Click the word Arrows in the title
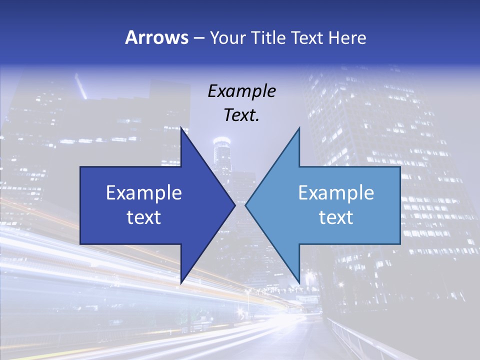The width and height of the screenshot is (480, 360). pos(156,37)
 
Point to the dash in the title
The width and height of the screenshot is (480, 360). pos(198,38)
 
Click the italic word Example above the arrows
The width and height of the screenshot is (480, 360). pos(241,91)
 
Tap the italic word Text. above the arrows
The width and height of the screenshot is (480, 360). pos(241,115)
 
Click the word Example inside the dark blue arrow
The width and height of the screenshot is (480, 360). pos(144,192)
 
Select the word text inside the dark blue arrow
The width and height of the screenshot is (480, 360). pos(144,217)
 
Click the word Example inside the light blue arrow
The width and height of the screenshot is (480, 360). pos(336,192)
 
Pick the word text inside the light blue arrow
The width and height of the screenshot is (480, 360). pos(336,217)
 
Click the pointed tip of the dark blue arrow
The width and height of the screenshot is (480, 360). pos(234,205)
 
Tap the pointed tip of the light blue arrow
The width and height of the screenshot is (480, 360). pos(245,205)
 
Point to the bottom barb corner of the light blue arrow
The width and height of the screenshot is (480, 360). pos(299,283)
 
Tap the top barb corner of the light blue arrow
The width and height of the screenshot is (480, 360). pos(299,128)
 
